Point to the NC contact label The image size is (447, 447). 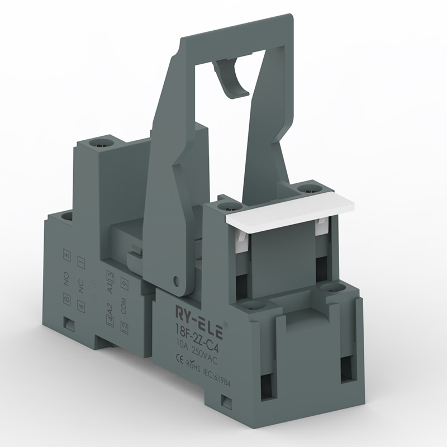click(x=81, y=283)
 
